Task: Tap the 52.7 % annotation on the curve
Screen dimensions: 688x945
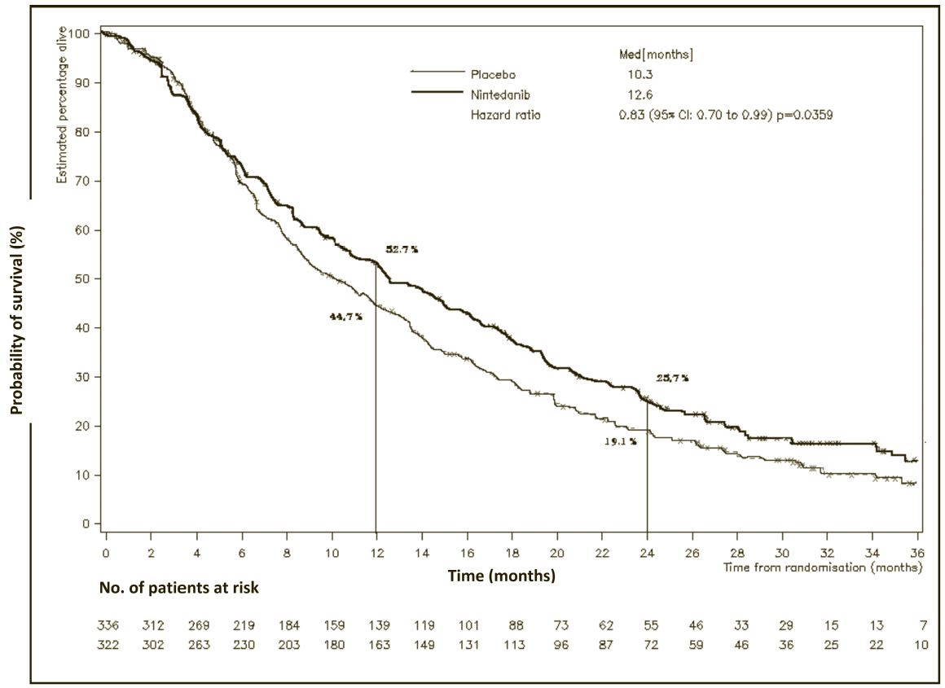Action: (402, 249)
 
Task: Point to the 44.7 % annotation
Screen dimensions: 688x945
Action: (345, 316)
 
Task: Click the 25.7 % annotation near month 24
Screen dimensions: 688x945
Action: (673, 378)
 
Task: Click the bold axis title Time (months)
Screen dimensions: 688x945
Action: (502, 576)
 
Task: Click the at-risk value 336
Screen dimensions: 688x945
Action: (108, 627)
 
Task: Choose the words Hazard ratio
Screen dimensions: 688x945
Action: (505, 116)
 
